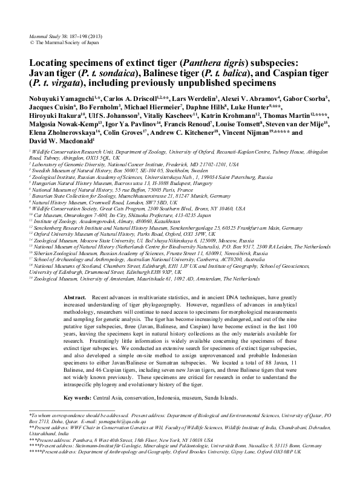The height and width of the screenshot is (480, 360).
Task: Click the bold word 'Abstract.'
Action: [x=75, y=299]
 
